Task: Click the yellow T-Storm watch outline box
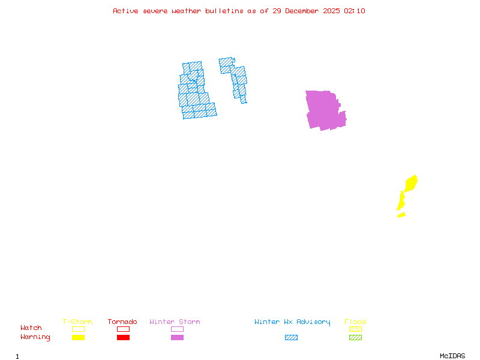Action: point(78,329)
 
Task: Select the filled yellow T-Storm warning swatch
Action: point(78,337)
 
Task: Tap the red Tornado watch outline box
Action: point(123,329)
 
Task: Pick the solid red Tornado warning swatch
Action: point(123,337)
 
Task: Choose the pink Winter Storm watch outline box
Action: point(177,329)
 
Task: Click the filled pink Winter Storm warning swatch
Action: point(177,337)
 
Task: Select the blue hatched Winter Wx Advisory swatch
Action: point(291,337)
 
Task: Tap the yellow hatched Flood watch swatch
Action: point(355,329)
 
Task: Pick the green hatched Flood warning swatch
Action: point(355,337)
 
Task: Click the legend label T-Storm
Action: point(77,322)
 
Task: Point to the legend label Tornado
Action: point(122,322)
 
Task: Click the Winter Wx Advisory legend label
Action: point(292,322)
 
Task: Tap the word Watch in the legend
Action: point(31,328)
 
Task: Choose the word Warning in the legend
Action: point(35,337)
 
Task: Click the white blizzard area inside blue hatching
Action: point(218,87)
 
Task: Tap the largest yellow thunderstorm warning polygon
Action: point(411,182)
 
